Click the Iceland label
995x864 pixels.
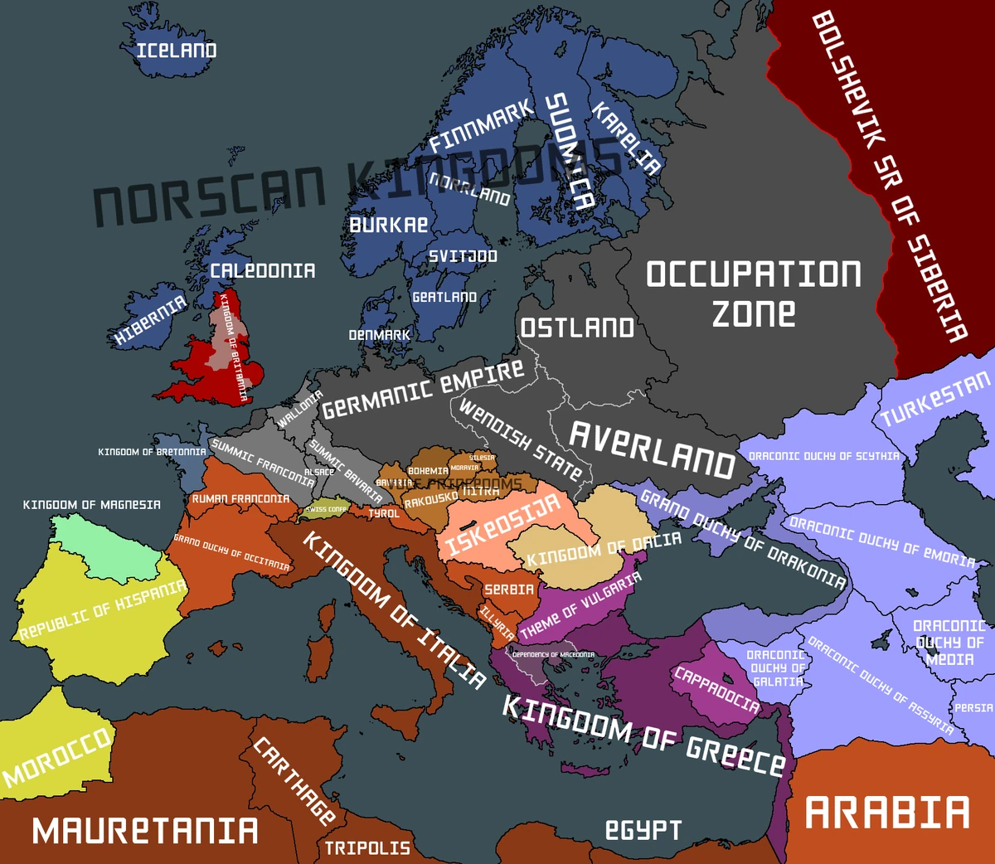pos(177,51)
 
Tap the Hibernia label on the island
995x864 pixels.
pos(150,320)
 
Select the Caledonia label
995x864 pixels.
pos(262,271)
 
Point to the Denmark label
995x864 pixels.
pos(379,335)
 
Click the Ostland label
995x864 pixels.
pos(577,328)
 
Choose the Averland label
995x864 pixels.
pos(652,449)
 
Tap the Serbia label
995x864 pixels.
pos(509,590)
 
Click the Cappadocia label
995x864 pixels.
pos(716,689)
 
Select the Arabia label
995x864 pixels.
pos(887,813)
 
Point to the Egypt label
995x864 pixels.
pos(643,829)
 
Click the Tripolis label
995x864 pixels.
pos(367,848)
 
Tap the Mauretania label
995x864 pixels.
pos(145,831)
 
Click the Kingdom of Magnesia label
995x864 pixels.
pos(91,504)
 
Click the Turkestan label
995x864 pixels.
pos(934,400)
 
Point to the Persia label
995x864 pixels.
pos(973,708)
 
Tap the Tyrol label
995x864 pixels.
pos(384,514)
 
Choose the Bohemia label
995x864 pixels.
pos(428,471)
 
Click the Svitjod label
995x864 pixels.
pos(463,256)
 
